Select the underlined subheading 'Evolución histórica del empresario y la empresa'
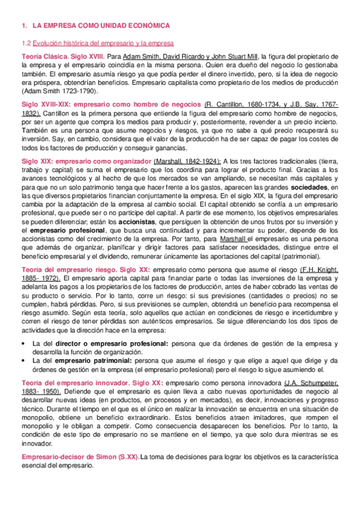point(103,43)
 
